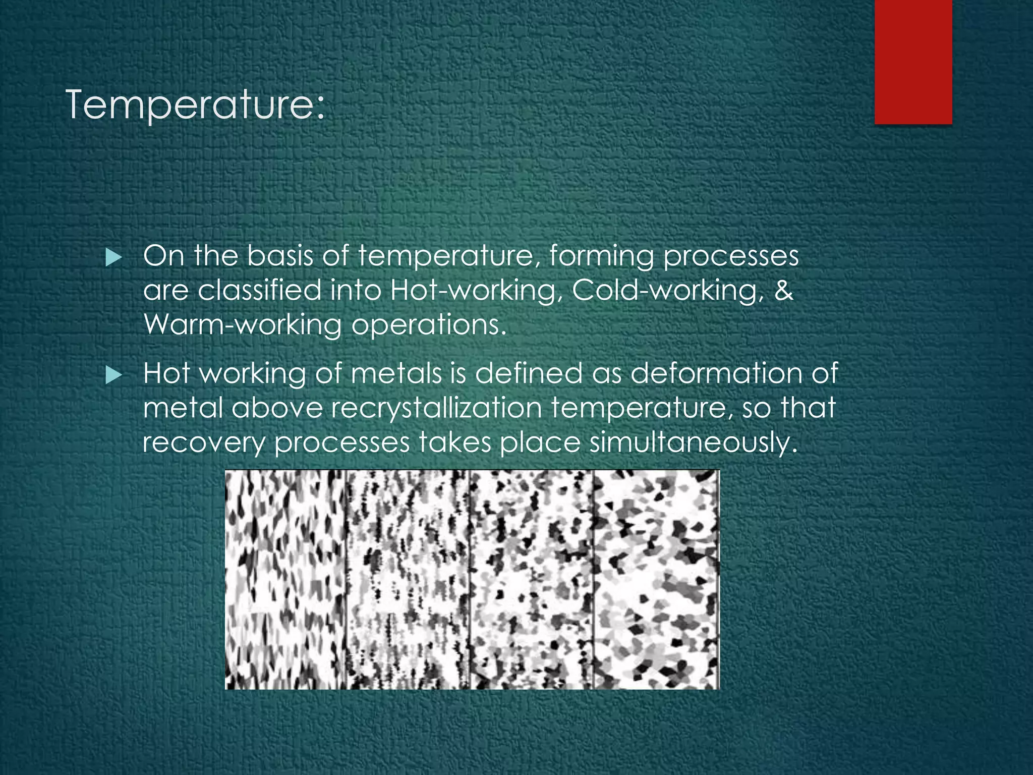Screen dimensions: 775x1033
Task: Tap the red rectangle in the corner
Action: pyautogui.click(x=913, y=62)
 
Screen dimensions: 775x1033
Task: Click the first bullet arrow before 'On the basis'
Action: pyautogui.click(x=114, y=259)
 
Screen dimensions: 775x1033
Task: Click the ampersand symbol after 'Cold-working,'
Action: pyautogui.click(x=783, y=290)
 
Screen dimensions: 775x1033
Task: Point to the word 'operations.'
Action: pyautogui.click(x=429, y=325)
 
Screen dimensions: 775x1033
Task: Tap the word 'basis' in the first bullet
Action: pyautogui.click(x=279, y=256)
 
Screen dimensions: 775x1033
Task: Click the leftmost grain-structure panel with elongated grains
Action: pyautogui.click(x=285, y=579)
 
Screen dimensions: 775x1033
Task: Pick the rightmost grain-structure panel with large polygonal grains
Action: pyautogui.click(x=656, y=579)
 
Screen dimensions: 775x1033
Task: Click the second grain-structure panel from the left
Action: pyautogui.click(x=408, y=579)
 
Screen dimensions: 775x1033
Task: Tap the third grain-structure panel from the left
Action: pyautogui.click(x=532, y=579)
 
